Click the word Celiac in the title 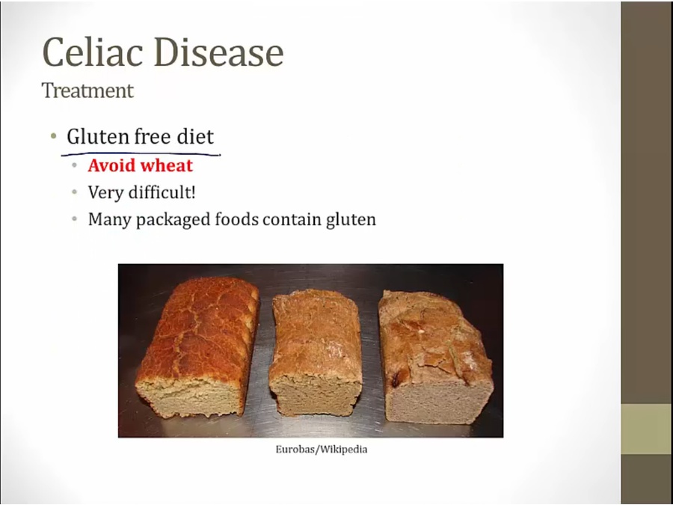click(92, 52)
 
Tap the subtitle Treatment click(87, 91)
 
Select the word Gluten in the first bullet click(98, 137)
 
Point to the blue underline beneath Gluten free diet click(141, 153)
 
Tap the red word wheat click(167, 166)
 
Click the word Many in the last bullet click(109, 220)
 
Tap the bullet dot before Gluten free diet click(53, 137)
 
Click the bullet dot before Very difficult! click(75, 192)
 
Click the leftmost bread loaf click(197, 347)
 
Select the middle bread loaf click(316, 352)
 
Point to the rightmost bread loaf click(435, 358)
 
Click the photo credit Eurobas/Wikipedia click(322, 450)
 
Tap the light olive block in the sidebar click(647, 429)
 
